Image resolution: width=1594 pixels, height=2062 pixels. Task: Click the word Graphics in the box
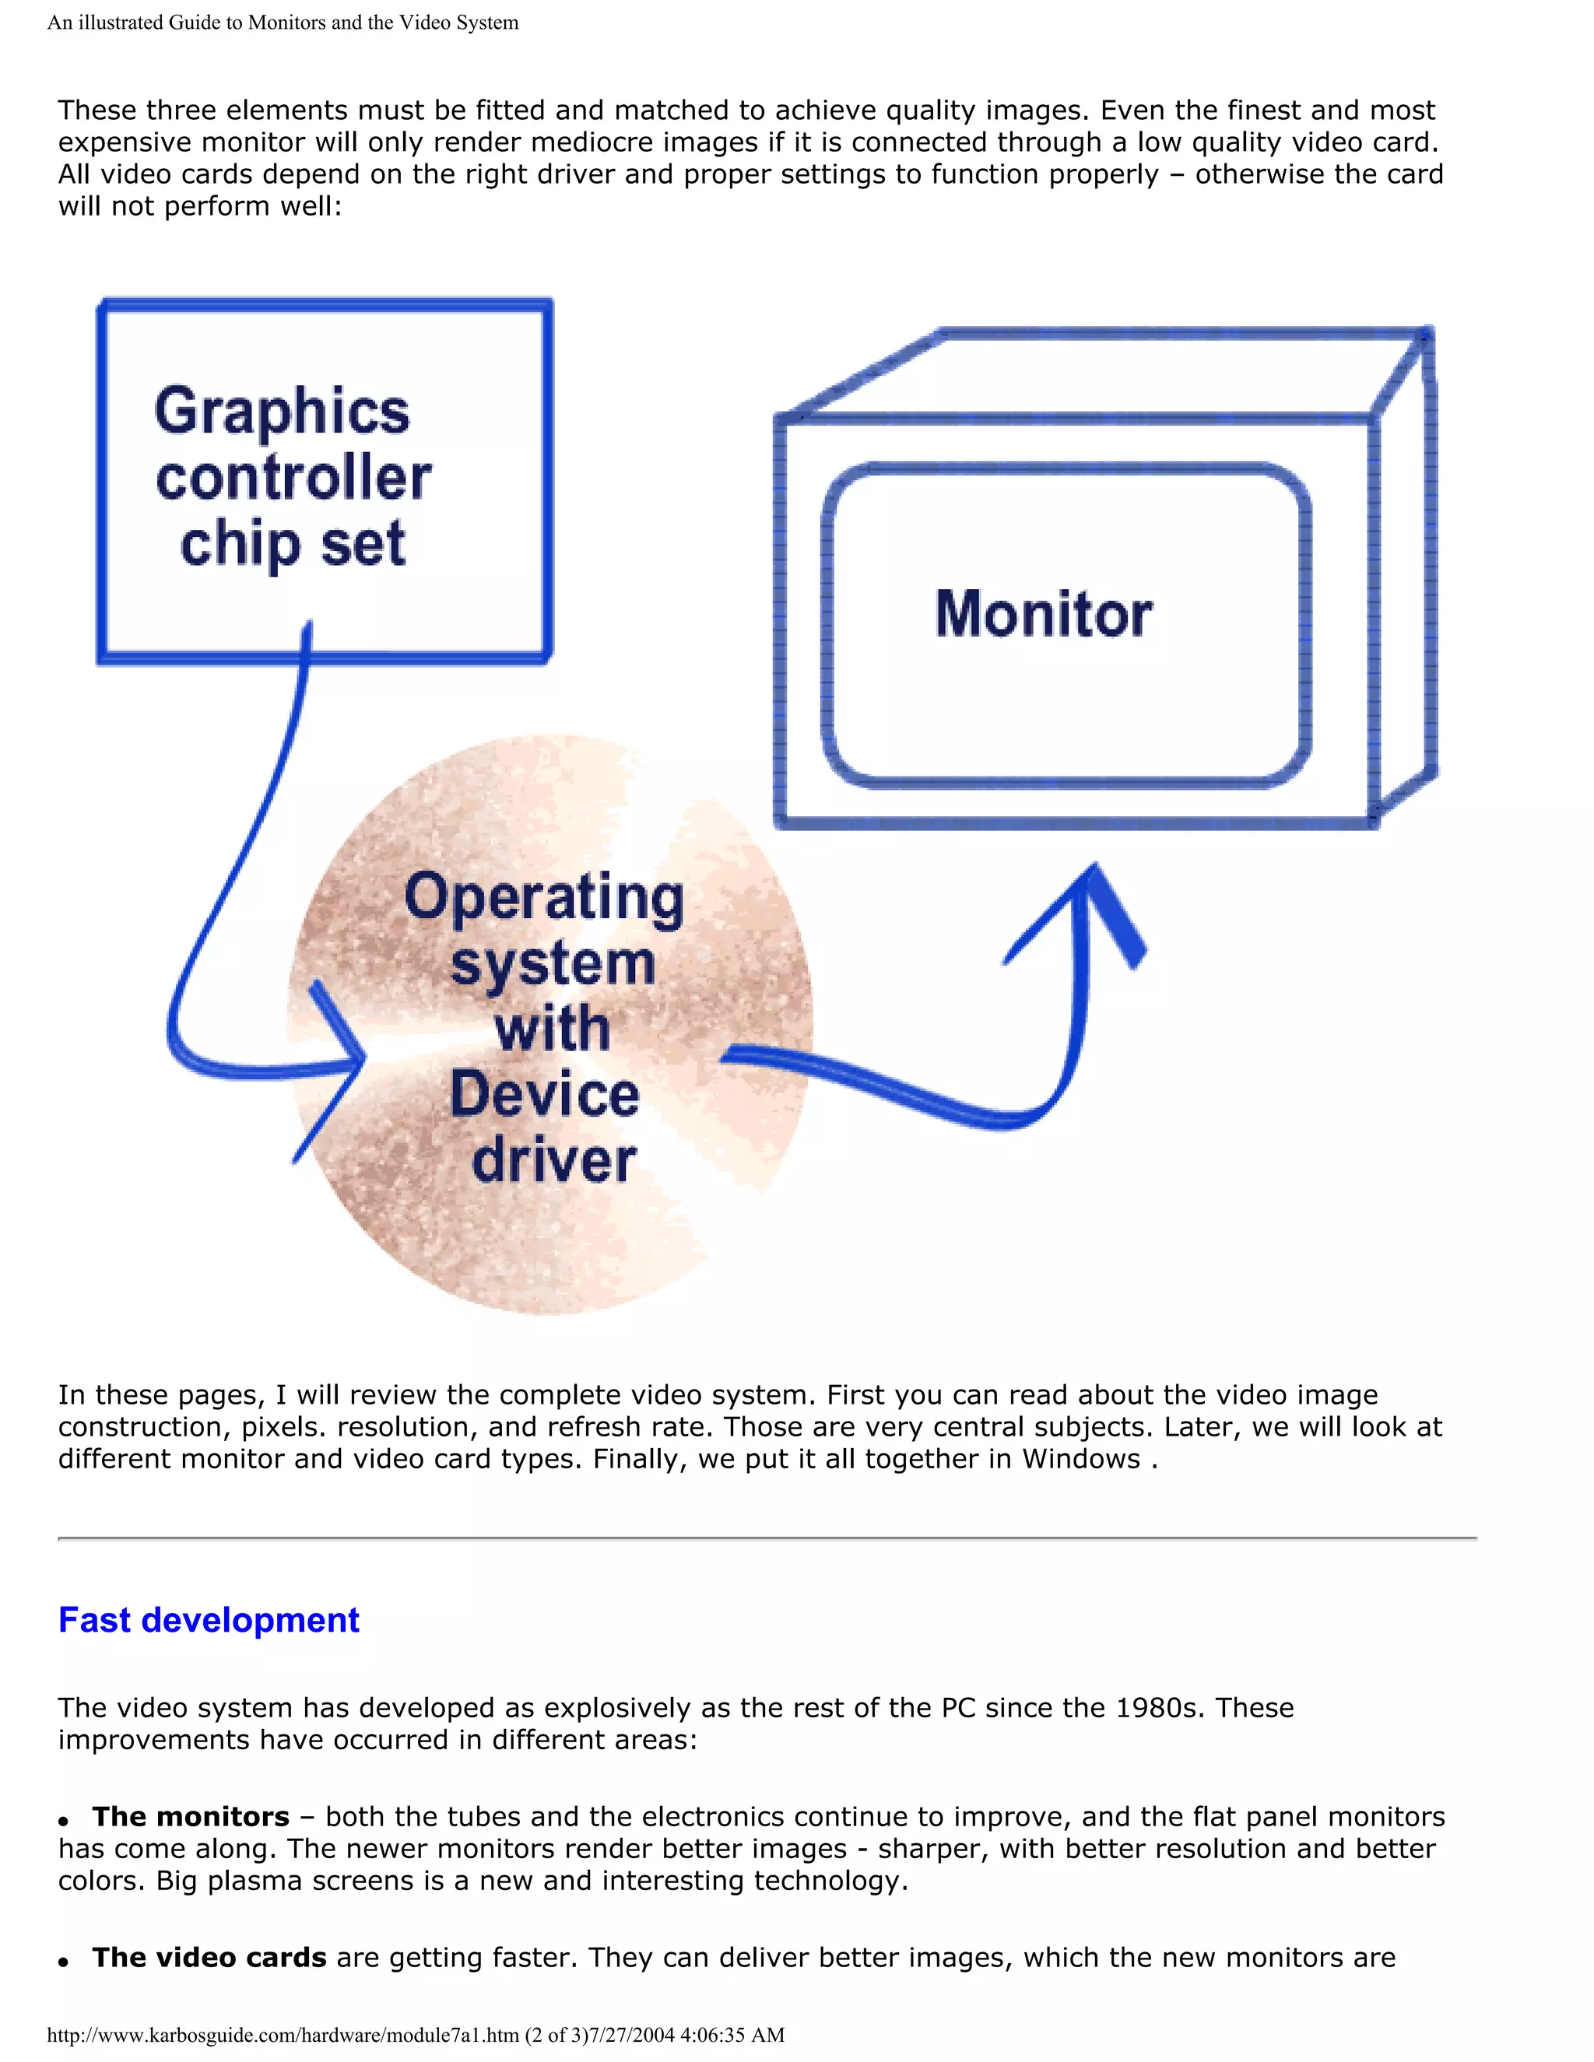pos(282,412)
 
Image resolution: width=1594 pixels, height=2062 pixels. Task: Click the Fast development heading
pos(209,1620)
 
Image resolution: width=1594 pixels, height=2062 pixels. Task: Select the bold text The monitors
pos(191,1817)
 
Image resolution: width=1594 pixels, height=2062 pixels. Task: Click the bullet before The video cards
pos(63,1962)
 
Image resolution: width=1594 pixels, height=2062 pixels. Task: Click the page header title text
pos(283,23)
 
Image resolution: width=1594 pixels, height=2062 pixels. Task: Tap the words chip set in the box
pos(292,545)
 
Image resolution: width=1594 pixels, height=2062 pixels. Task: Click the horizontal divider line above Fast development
pos(767,1539)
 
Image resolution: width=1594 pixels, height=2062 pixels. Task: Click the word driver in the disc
pos(554,1160)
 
